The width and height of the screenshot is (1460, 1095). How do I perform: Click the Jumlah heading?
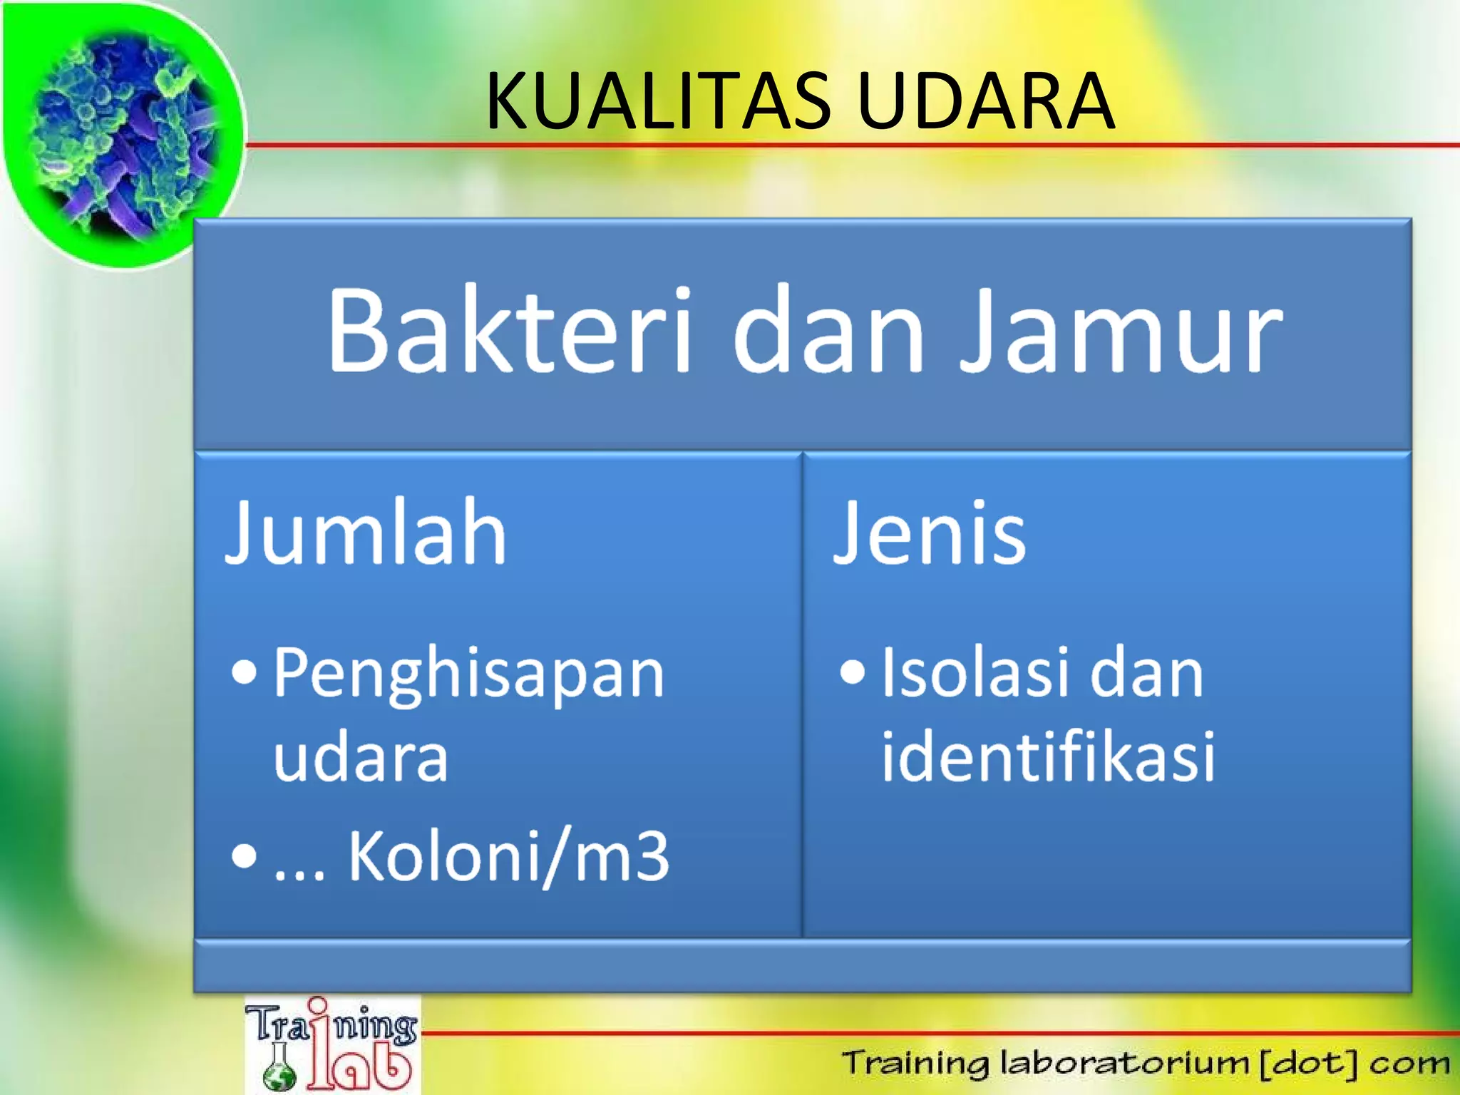point(366,533)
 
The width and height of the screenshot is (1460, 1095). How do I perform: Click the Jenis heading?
point(930,533)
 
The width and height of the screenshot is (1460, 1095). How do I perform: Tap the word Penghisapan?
point(468,674)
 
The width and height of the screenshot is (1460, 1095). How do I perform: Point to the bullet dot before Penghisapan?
point(244,672)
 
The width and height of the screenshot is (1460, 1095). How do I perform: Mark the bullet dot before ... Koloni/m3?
point(244,855)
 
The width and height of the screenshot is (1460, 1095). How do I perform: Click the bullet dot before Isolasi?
point(852,672)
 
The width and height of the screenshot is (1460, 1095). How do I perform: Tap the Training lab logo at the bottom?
point(332,1045)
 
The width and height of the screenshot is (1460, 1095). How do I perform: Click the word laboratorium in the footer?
point(1124,1063)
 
